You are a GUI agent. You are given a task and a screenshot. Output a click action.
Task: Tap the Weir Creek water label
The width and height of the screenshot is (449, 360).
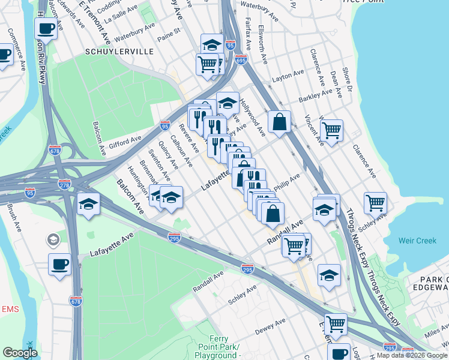tap(417, 241)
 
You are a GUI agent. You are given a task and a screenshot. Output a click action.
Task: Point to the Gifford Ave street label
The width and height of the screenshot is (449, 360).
tap(125, 143)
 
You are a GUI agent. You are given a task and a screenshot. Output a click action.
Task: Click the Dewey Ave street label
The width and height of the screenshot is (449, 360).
tap(270, 328)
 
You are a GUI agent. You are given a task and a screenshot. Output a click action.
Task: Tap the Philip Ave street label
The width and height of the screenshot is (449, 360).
tap(286, 182)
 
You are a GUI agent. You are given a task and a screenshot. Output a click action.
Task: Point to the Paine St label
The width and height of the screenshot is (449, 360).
tap(169, 31)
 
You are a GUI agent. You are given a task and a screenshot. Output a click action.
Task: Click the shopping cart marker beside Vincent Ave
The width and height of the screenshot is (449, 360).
tap(331, 129)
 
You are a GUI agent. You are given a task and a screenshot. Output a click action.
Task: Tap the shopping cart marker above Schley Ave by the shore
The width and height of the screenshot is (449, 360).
tap(375, 202)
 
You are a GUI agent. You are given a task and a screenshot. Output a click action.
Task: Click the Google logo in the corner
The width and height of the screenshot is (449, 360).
tap(20, 353)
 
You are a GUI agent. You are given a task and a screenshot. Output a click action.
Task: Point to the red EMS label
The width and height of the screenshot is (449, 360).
tap(10, 309)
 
